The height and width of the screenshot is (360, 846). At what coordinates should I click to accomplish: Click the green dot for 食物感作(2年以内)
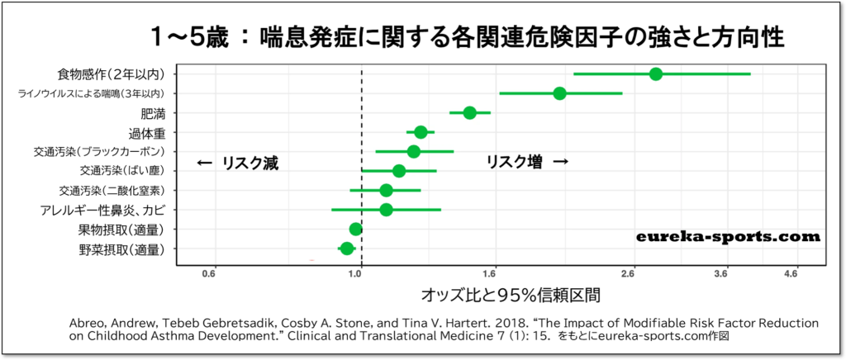[x=656, y=74]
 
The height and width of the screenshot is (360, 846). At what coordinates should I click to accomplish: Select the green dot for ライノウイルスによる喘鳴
[x=559, y=93]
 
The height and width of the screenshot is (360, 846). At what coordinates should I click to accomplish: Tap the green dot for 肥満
[x=469, y=112]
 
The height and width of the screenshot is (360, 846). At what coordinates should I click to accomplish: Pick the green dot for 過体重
[x=421, y=132]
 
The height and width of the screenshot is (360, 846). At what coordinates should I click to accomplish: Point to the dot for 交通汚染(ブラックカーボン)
[x=413, y=151]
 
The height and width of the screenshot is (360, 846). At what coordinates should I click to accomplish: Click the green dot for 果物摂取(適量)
[x=355, y=229]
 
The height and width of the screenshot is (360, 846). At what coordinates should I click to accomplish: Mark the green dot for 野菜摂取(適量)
[x=346, y=249]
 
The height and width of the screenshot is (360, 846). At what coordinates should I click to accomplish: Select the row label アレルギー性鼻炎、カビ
[x=107, y=210]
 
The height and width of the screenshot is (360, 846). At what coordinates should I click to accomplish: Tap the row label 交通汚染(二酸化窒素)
[x=117, y=191]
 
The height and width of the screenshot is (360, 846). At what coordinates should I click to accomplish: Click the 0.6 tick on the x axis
[x=210, y=273]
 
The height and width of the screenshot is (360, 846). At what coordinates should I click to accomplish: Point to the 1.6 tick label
[x=493, y=273]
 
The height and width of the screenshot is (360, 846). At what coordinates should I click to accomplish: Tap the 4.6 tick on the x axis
[x=796, y=273]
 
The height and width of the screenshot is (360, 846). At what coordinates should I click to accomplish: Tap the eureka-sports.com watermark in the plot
[x=728, y=237]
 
